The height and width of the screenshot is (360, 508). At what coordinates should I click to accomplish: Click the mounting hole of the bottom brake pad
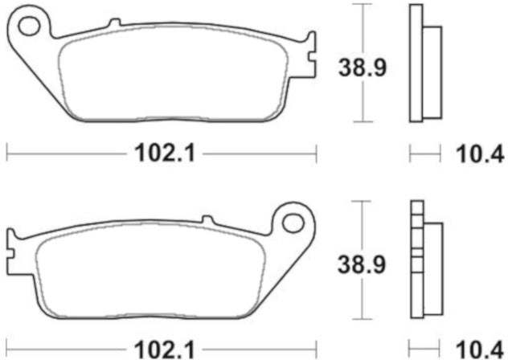(292, 220)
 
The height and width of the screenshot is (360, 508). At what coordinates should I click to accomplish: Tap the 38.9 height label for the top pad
(361, 67)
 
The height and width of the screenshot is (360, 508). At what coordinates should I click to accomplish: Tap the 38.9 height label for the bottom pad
(361, 263)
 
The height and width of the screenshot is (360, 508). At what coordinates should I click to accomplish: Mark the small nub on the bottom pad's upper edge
(206, 219)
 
